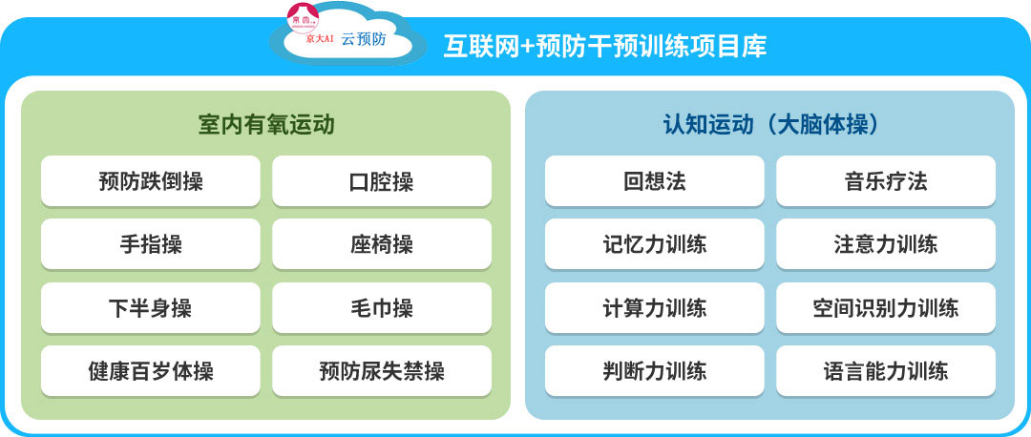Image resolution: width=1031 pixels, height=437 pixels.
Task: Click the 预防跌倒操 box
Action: point(151,180)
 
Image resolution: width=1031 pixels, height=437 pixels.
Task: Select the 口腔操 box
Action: point(381,180)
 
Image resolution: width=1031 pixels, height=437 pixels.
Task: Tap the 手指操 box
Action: point(151,244)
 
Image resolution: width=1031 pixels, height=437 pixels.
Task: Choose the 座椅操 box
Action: point(381,244)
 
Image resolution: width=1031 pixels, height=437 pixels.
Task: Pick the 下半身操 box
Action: point(151,307)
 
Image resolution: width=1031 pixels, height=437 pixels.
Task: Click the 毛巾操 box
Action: point(381,307)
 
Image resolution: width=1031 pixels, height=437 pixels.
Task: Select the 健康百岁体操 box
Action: point(151,370)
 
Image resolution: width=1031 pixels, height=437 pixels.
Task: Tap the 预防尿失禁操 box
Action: point(381,370)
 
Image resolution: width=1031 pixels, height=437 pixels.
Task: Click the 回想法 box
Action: point(654,180)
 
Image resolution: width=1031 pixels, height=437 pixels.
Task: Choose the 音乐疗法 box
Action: point(886,180)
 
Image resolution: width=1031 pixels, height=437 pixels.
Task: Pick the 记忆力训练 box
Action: point(654,244)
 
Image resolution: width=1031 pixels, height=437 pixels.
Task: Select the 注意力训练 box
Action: point(886,244)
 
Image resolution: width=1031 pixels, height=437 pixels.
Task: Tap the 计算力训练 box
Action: point(654,307)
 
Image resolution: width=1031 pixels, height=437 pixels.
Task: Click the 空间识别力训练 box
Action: point(886,307)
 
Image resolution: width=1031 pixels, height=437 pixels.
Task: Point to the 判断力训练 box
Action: point(654,370)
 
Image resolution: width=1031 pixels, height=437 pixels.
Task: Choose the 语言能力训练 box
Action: point(886,370)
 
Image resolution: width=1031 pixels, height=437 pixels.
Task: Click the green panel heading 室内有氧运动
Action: point(266,124)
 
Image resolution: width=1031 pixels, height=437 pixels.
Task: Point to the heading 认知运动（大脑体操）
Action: point(771,124)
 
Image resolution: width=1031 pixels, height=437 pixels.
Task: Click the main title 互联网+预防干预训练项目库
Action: point(605,47)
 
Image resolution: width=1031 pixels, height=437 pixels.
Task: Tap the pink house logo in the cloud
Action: point(304,18)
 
